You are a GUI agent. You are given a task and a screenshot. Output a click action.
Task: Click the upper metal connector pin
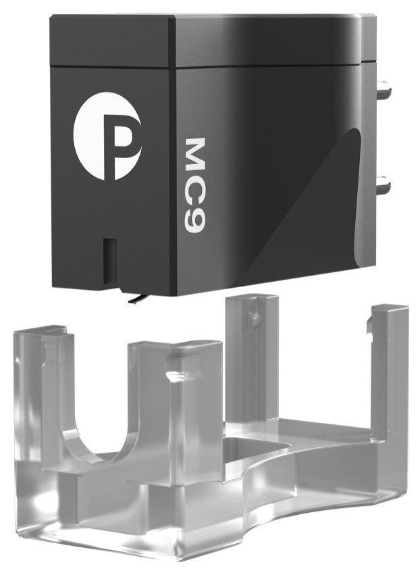coord(384,89)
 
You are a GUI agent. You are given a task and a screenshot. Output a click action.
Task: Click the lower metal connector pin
coord(384,185)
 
